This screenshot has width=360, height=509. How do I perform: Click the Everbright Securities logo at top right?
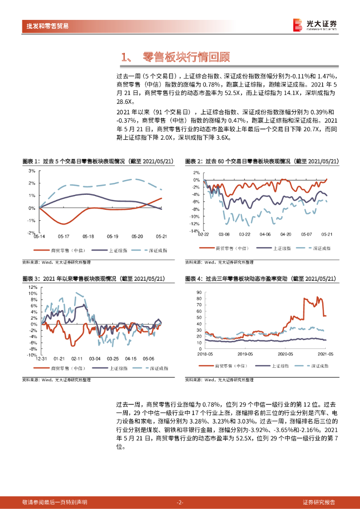click(x=315, y=24)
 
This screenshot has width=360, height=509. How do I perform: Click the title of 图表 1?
click(x=98, y=161)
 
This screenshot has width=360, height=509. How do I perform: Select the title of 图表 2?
click(x=262, y=161)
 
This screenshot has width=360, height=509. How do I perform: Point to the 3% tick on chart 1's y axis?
click(x=31, y=170)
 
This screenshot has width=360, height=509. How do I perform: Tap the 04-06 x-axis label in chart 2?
click(x=265, y=234)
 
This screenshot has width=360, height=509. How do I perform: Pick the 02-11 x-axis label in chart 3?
click(x=77, y=358)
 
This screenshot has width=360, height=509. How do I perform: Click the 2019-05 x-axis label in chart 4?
click(x=246, y=354)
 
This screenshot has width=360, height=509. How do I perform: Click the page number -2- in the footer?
click(x=180, y=503)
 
